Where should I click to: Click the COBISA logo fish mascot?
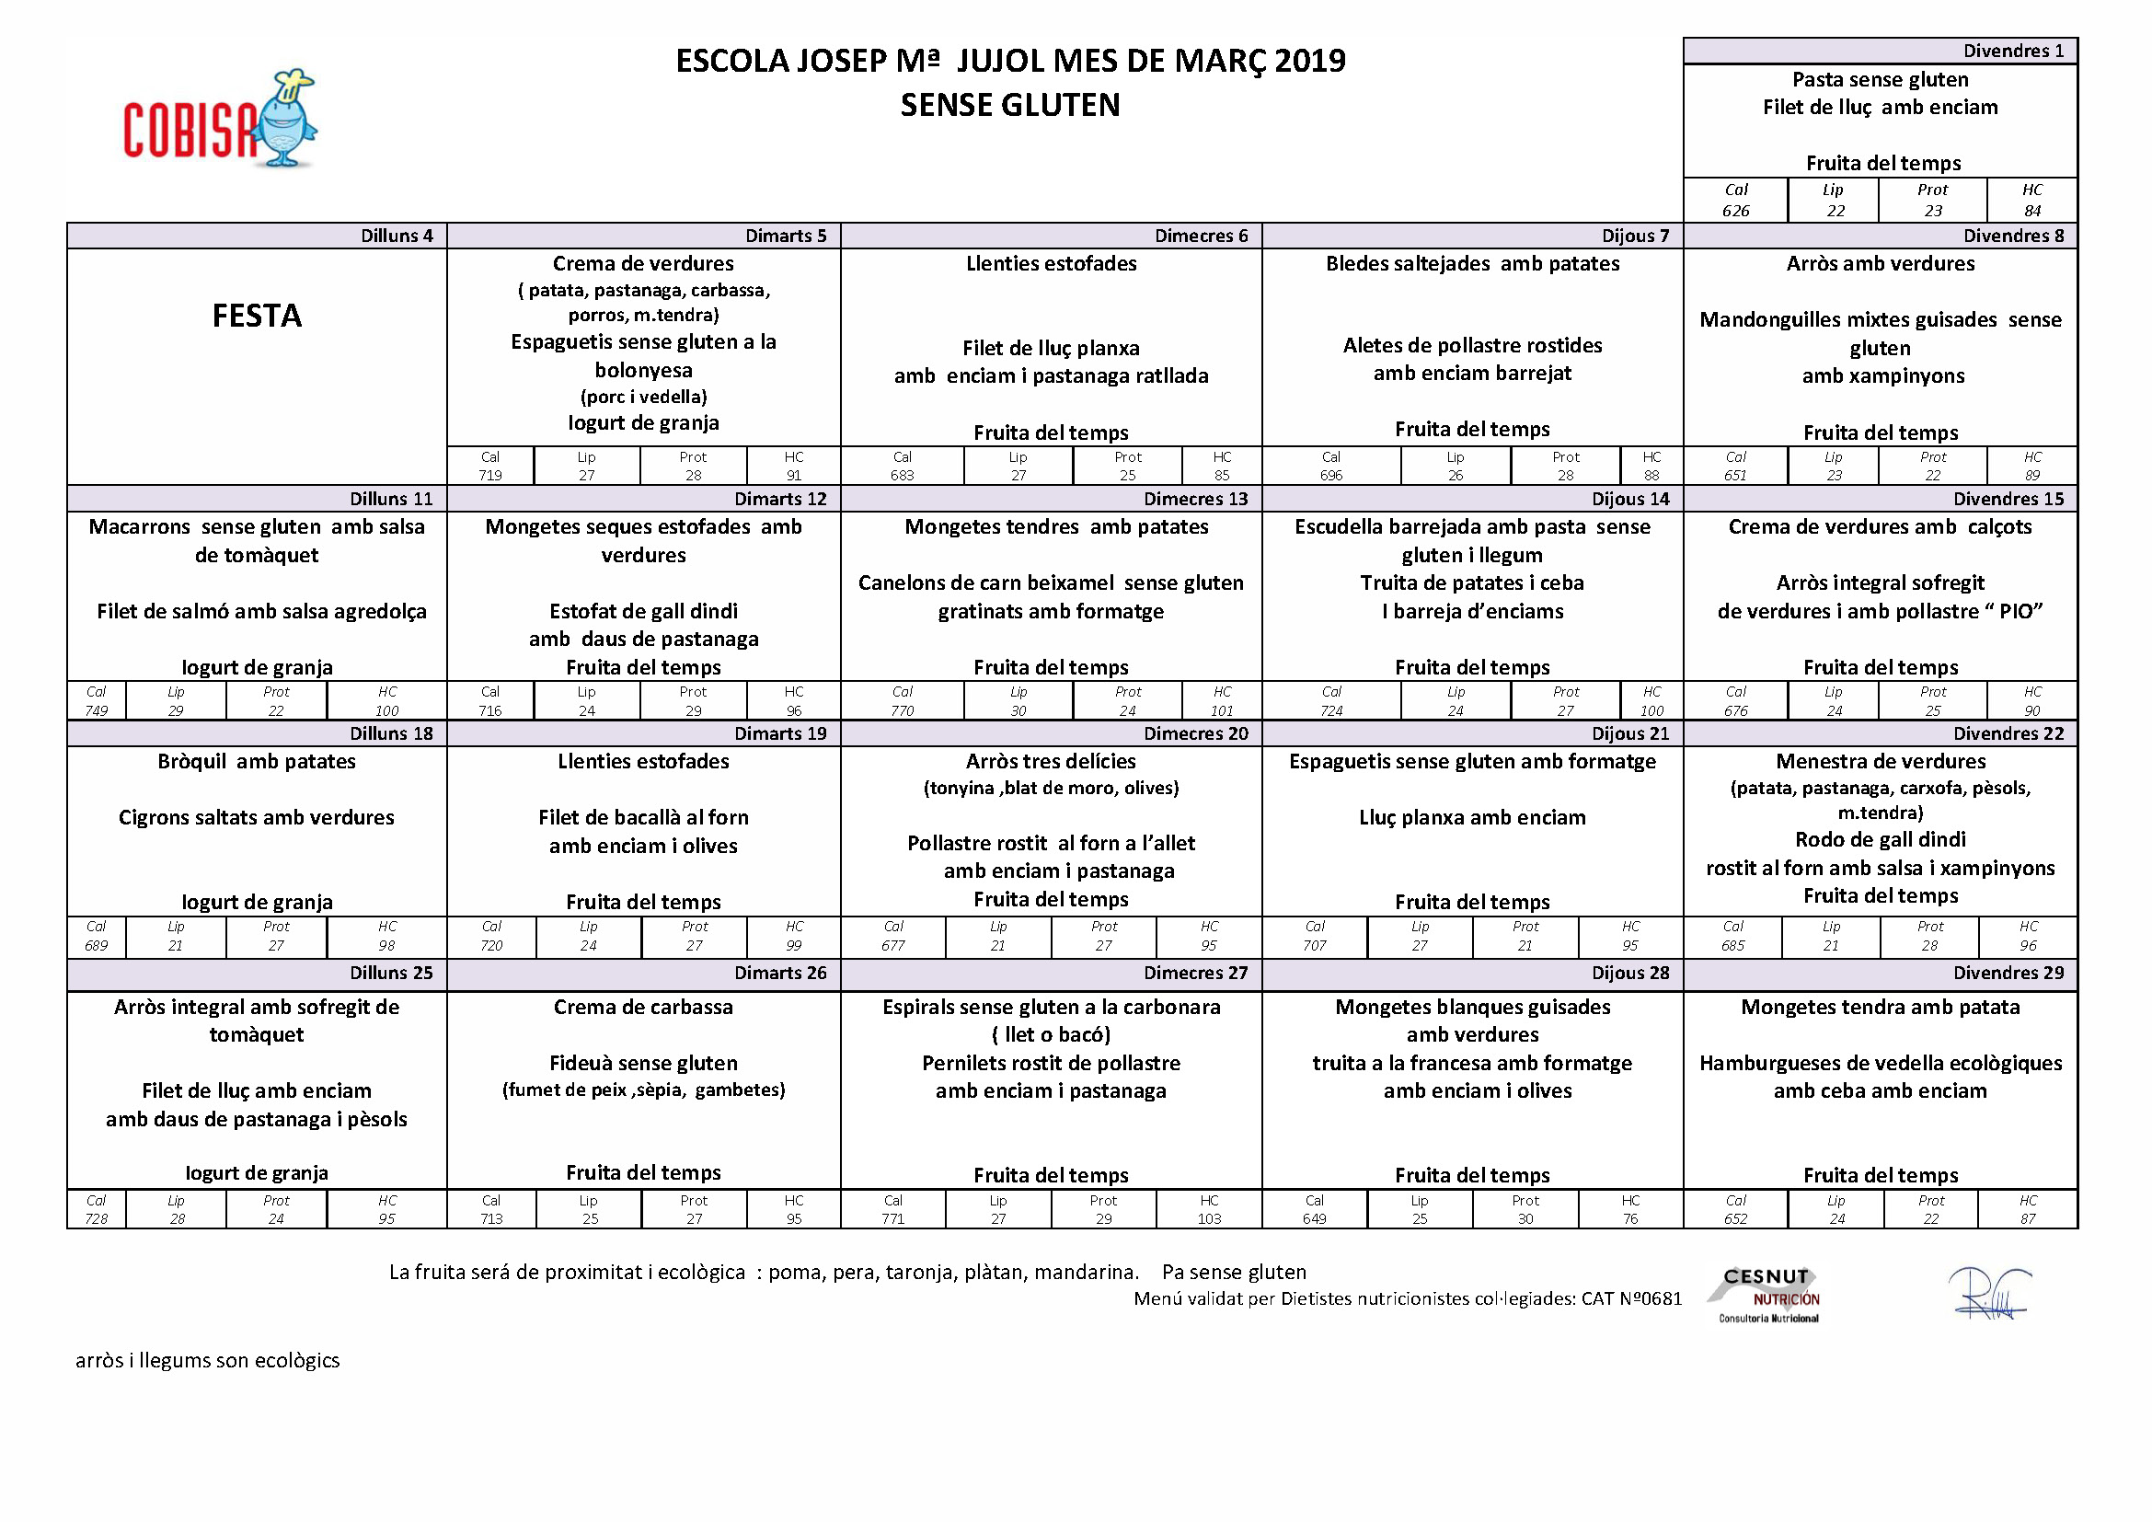coord(289,120)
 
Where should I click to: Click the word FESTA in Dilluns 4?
coord(257,316)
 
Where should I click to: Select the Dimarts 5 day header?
coord(786,236)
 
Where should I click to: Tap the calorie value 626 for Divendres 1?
coord(1735,211)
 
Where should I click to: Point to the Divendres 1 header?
coord(2013,51)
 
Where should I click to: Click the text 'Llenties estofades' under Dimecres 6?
coord(1051,263)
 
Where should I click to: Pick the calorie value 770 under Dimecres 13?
coord(902,711)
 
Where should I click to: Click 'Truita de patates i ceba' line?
coord(1471,582)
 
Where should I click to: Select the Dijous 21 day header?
coord(1630,733)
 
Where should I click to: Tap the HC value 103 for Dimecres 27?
coord(1209,1219)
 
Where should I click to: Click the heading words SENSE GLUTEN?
coord(1009,105)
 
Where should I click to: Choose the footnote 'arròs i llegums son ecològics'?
coord(207,1360)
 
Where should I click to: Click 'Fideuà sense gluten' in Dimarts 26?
coord(643,1063)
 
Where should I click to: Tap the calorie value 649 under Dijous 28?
coord(1314,1219)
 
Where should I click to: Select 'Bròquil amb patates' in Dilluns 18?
coord(257,761)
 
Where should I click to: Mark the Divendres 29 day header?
coord(2008,973)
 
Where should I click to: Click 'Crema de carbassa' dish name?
coord(643,1007)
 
